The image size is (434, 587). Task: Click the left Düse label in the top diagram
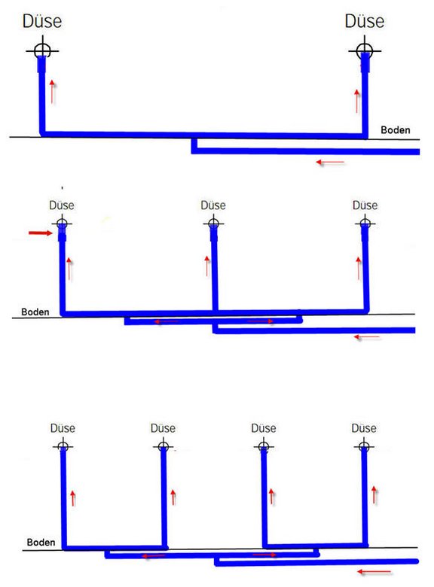click(42, 21)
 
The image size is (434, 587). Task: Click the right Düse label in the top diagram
click(364, 21)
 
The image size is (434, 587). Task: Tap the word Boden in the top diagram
click(396, 130)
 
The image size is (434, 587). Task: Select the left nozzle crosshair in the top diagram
click(42, 50)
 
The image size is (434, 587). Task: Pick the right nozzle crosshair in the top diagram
click(365, 50)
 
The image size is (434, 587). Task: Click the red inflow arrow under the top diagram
click(330, 162)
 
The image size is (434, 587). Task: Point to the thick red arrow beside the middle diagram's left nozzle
click(41, 233)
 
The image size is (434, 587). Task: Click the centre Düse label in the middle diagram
click(213, 205)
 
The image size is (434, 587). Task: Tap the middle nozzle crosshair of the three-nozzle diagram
click(214, 224)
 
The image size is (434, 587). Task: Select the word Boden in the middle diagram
click(35, 312)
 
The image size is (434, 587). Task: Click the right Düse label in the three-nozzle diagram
click(365, 205)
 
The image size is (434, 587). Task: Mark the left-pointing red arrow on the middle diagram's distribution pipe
click(167, 321)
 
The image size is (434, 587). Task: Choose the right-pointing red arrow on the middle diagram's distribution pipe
click(261, 321)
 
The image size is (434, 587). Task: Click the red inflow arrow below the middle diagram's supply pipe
click(367, 337)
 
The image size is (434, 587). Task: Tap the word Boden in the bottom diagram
click(41, 542)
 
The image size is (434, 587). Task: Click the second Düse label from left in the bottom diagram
click(163, 428)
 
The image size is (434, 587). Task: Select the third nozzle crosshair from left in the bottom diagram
click(264, 446)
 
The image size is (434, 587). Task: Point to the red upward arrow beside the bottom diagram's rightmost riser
click(374, 495)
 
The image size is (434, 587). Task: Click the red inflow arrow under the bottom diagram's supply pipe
click(374, 572)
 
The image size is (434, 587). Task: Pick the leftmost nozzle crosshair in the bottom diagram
click(63, 446)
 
